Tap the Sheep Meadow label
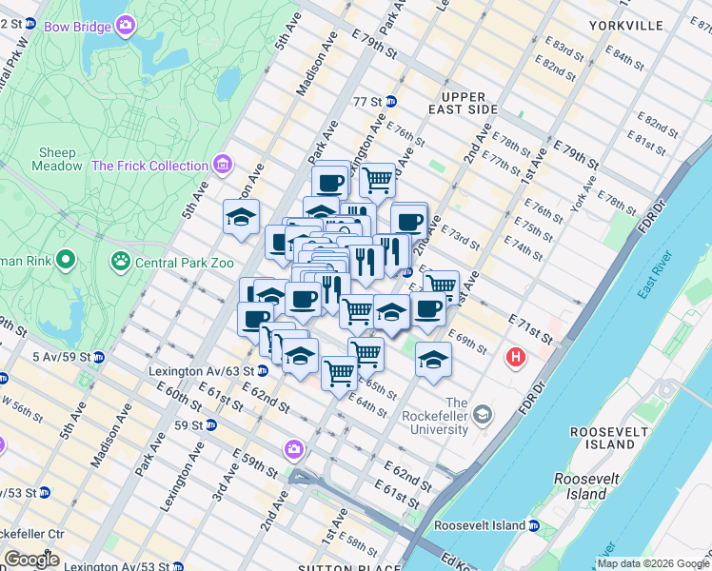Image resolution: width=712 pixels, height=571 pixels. tap(60, 159)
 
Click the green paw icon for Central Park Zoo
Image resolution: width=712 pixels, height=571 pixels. tap(121, 260)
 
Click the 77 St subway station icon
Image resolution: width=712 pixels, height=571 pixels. tap(390, 101)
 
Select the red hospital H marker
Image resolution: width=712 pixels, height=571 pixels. tap(516, 358)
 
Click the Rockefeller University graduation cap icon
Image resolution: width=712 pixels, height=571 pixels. tap(484, 414)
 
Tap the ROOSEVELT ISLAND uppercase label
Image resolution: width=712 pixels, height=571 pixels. tap(615, 438)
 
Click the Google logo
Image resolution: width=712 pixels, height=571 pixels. tap(31, 559)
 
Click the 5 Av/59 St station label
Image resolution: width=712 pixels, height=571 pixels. tap(37, 357)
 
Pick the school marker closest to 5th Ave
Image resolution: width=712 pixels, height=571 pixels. tap(242, 216)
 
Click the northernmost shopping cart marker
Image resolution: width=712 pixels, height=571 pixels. tap(378, 178)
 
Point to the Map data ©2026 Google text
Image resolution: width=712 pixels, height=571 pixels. tap(652, 563)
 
